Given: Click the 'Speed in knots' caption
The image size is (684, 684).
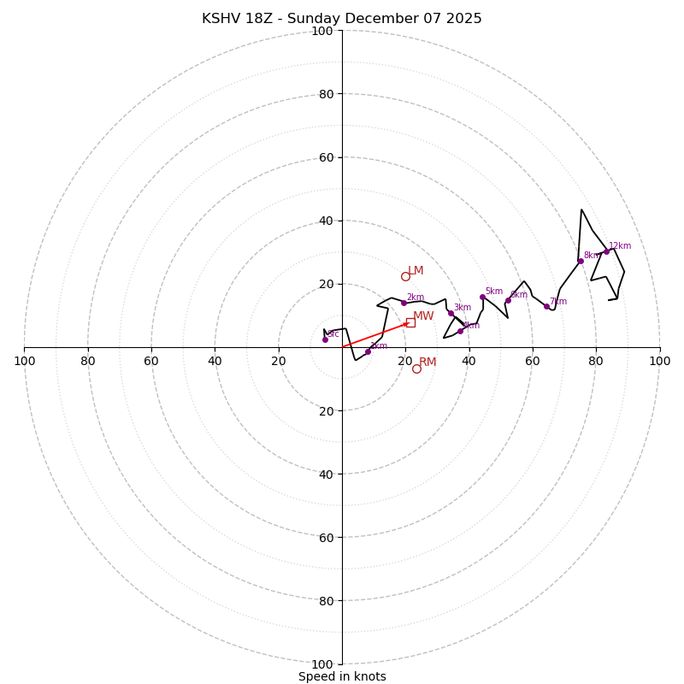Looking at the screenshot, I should click(342, 676).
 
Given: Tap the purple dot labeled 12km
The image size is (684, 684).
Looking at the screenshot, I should click(606, 251).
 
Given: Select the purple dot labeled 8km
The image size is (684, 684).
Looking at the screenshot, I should click(581, 261).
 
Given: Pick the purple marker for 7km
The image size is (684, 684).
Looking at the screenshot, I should click(547, 306).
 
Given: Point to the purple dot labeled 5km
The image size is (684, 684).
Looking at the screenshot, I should click(482, 298).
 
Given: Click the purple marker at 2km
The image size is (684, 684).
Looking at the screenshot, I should click(404, 303).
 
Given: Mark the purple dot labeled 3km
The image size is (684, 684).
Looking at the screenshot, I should click(451, 313).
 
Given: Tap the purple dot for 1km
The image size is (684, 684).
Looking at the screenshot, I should click(368, 351).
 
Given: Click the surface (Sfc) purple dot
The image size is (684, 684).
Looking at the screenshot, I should click(325, 339).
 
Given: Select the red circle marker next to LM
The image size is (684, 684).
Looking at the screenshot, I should click(405, 276).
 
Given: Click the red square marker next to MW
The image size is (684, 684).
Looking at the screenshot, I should click(410, 322).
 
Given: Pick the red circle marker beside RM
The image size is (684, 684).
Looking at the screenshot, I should click(416, 369).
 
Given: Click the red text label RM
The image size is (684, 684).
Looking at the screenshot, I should click(427, 363).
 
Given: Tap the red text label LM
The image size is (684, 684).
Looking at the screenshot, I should click(416, 271).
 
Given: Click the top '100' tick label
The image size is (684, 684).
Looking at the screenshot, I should click(322, 32).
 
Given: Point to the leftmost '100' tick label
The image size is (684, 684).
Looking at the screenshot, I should click(24, 361).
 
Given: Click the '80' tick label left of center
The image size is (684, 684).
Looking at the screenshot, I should click(88, 361).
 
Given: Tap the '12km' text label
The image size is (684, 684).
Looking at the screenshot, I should click(620, 246).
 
